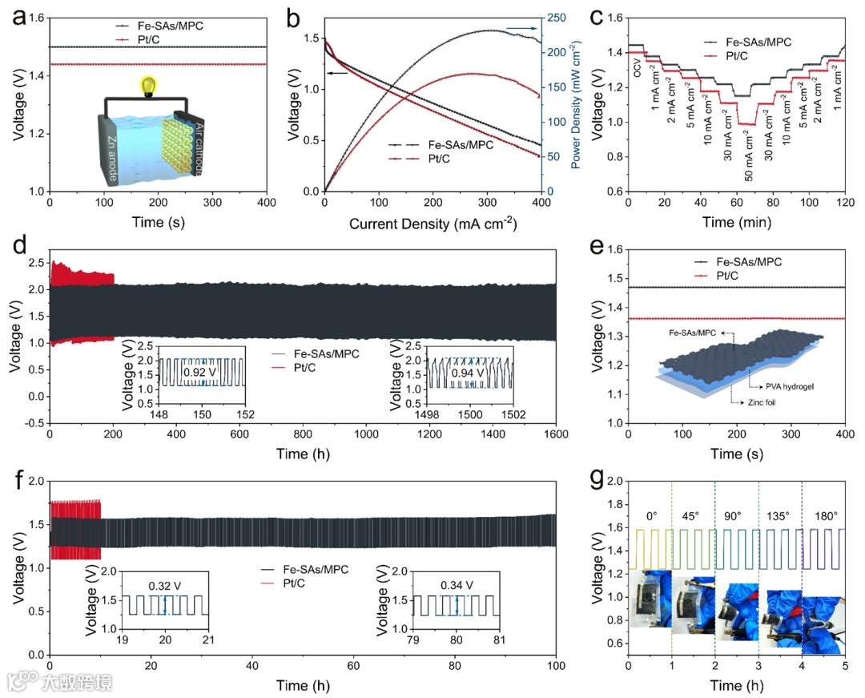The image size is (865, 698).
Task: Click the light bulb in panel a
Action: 147,86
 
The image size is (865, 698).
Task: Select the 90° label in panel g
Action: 736,514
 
